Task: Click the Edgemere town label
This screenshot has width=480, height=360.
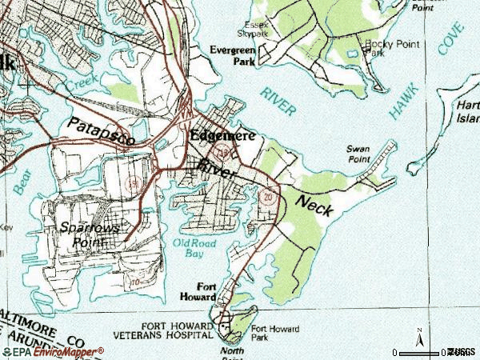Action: pyautogui.click(x=222, y=136)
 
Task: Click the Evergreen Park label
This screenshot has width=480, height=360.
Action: pyautogui.click(x=232, y=54)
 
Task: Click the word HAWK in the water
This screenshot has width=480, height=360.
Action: pyautogui.click(x=398, y=102)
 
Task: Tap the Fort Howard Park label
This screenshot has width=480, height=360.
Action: pyautogui.click(x=275, y=333)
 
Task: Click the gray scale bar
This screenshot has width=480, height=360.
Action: pyautogui.click(x=423, y=351)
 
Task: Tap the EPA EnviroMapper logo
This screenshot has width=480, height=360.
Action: pyautogui.click(x=53, y=351)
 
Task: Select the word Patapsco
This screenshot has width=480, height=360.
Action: pyautogui.click(x=101, y=131)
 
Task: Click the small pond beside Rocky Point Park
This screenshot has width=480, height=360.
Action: pyautogui.click(x=353, y=54)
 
